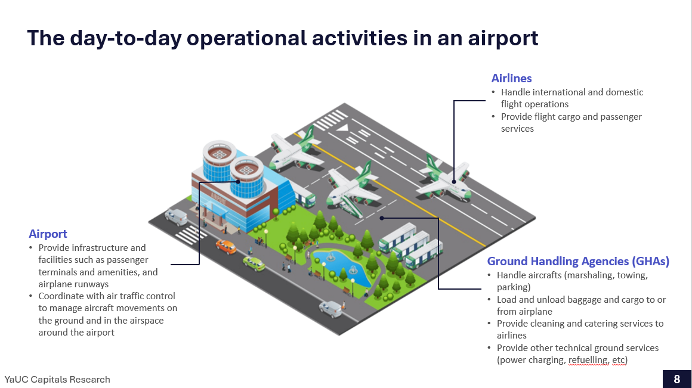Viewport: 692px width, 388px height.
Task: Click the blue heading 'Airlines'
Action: tap(511, 78)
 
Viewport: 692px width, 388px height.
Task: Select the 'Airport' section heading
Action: tap(48, 234)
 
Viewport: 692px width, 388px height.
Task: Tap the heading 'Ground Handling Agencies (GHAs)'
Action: tap(578, 262)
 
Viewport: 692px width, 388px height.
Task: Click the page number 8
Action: tap(677, 379)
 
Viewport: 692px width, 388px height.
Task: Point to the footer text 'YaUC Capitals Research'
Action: tap(57, 380)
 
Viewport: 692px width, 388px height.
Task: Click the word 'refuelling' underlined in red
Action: tap(588, 360)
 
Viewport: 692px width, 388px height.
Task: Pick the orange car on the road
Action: tap(227, 247)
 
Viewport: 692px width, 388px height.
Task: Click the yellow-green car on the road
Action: tap(254, 263)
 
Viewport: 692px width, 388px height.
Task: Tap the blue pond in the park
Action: tap(340, 267)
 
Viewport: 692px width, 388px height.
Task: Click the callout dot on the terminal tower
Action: tap(238, 182)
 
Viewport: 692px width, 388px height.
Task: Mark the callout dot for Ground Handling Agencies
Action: tap(382, 218)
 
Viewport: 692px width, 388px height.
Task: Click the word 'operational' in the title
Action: tap(246, 38)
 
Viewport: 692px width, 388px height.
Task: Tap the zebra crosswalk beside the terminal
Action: tap(190, 235)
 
